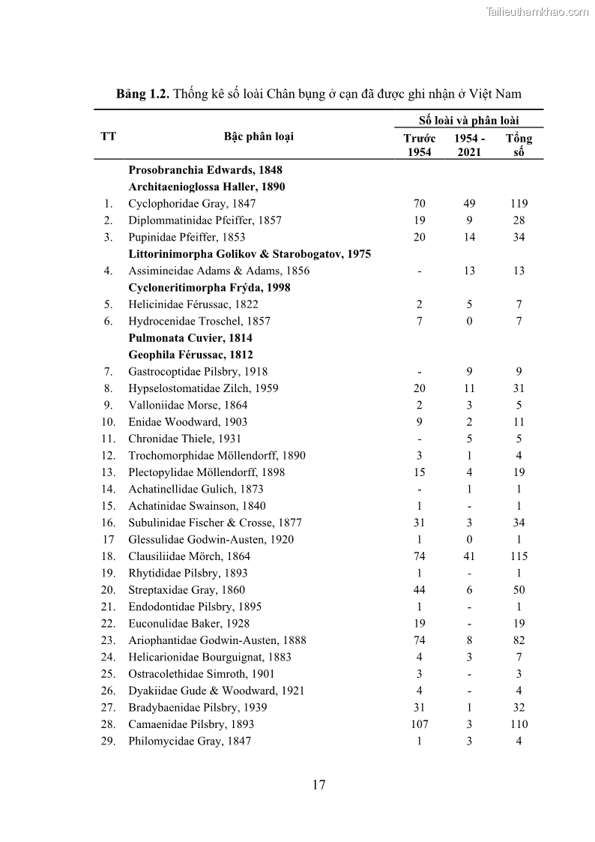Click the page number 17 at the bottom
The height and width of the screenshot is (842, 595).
coord(318,785)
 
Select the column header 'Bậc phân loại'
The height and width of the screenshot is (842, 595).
coord(259,136)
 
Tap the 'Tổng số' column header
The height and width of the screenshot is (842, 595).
coord(519,145)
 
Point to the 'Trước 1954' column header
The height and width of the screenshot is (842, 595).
coord(419,145)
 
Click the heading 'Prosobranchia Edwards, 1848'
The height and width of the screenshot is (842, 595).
coord(205,170)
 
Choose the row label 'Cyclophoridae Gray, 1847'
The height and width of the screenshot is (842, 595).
coord(192,203)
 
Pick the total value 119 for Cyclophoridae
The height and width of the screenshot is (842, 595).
coord(519,203)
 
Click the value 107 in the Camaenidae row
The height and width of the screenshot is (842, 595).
coord(419,724)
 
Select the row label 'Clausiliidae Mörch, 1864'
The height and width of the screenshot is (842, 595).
coord(189,556)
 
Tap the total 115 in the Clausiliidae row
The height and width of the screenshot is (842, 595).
coord(519,556)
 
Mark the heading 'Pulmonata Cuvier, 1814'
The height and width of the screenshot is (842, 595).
coord(190,338)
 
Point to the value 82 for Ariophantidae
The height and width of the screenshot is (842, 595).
coord(519,640)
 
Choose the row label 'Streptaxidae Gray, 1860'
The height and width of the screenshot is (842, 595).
coord(187,590)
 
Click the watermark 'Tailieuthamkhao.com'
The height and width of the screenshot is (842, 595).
coord(537,11)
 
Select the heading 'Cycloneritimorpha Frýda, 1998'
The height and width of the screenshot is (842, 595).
coord(209,287)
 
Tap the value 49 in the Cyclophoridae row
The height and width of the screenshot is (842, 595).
coord(468,203)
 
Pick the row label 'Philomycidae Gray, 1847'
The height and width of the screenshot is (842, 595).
coord(190,741)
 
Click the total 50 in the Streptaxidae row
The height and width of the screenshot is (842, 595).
coord(519,590)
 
